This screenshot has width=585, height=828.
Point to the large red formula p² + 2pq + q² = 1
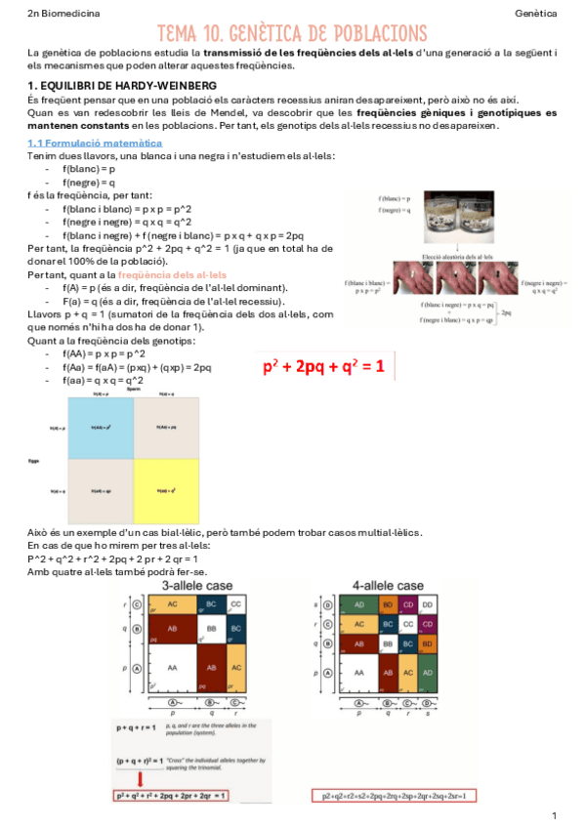click(323, 367)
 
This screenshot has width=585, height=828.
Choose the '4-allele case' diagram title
click(388, 585)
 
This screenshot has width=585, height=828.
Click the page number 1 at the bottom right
click(554, 814)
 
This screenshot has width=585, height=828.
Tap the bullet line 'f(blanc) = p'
click(88, 169)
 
